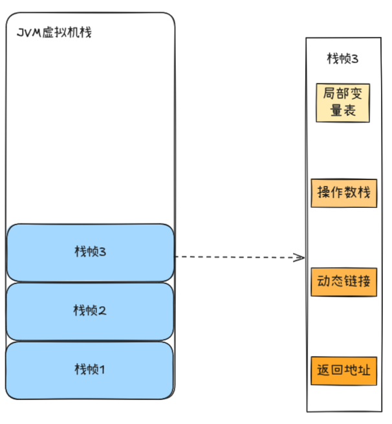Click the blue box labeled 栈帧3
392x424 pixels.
[90, 252]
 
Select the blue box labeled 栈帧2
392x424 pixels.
[90, 311]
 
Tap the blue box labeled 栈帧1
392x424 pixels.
[90, 370]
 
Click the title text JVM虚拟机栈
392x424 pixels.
[54, 32]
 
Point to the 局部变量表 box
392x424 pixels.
[342, 102]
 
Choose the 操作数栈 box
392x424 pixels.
[343, 193]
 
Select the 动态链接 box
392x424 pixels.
[343, 282]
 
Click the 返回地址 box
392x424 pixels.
[343, 371]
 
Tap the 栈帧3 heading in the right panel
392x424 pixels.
[342, 59]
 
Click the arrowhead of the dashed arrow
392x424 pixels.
[299, 258]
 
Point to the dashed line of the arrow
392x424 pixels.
[233, 257]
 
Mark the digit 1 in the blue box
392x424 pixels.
[102, 370]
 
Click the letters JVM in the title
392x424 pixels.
[27, 32]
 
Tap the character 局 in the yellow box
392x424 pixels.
[329, 94]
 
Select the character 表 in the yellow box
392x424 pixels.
[350, 111]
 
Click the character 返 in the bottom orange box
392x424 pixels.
[323, 371]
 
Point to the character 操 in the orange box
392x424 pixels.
[323, 193]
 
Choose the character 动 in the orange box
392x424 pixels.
[323, 282]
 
